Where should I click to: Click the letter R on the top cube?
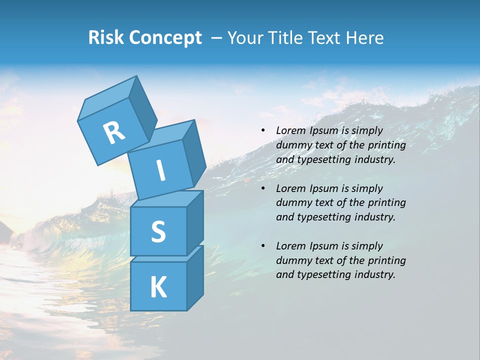coord(114,133)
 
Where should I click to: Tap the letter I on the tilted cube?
coord(161,170)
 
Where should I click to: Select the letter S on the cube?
coord(158,231)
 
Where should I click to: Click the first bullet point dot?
coord(263,130)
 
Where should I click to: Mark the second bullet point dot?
coord(263,188)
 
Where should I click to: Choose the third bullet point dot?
coord(263,246)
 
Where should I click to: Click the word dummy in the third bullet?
coord(292,260)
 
